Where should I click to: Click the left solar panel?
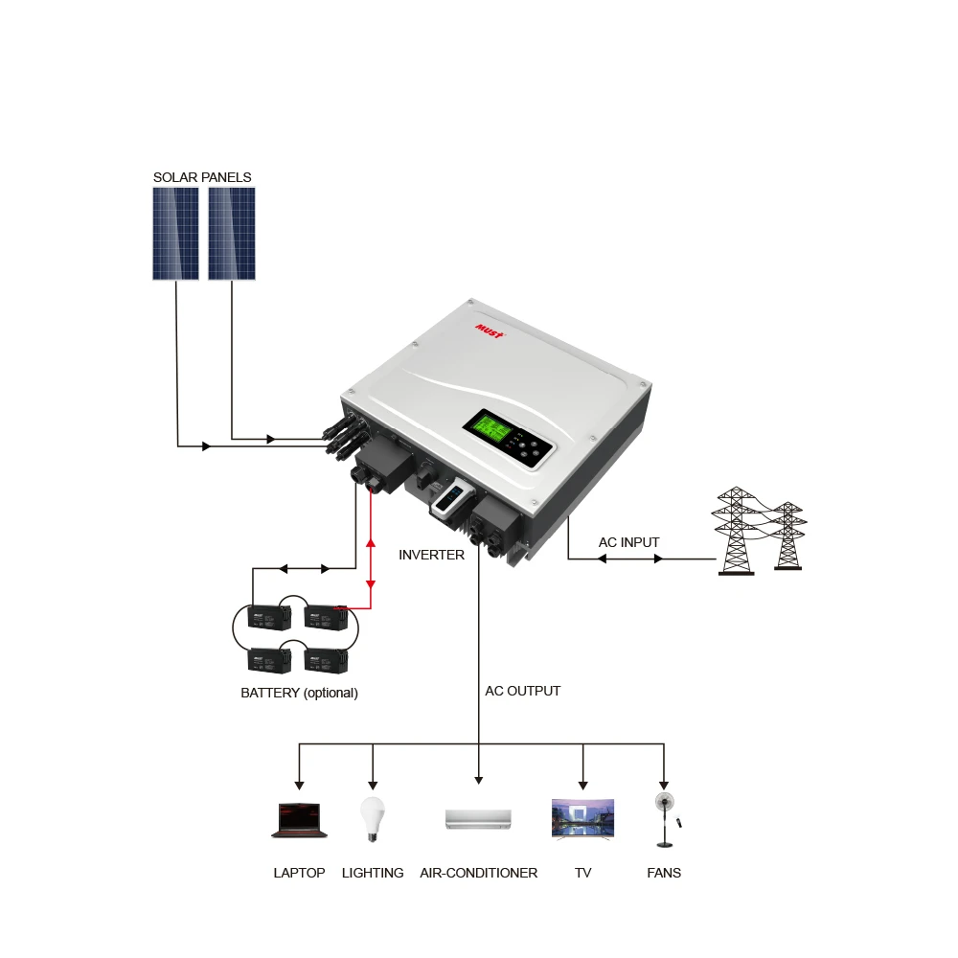click(x=175, y=233)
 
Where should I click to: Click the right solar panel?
click(x=232, y=233)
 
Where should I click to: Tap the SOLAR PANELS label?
click(x=202, y=177)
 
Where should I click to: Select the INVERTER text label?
click(x=431, y=555)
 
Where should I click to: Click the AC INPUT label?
click(x=628, y=542)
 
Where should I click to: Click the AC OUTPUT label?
click(x=522, y=691)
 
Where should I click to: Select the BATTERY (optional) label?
click(x=299, y=693)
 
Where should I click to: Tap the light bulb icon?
click(x=372, y=819)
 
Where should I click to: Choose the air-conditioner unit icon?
click(x=478, y=819)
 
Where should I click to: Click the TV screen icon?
click(x=582, y=819)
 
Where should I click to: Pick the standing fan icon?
click(x=663, y=819)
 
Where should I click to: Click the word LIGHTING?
click(x=373, y=873)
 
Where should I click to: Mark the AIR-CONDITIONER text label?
click(x=478, y=873)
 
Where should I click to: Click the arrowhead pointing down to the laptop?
click(x=299, y=781)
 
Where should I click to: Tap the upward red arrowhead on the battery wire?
click(x=371, y=544)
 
